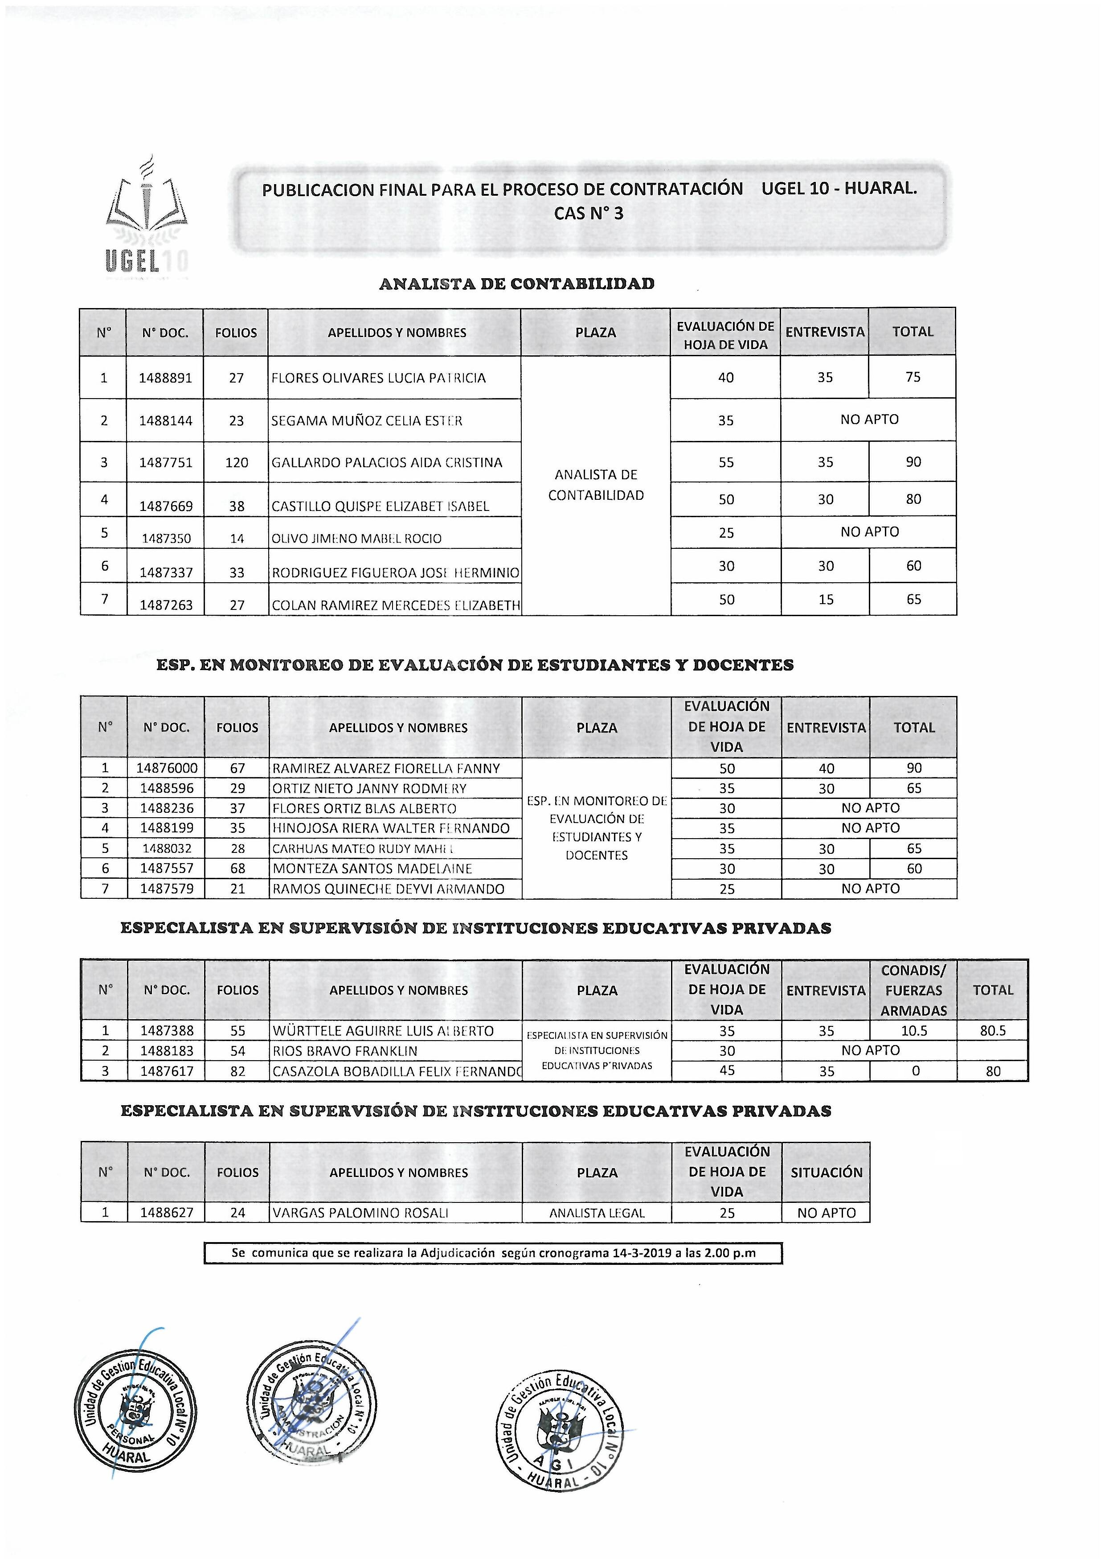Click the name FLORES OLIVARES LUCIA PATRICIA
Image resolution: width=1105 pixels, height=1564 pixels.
[379, 378]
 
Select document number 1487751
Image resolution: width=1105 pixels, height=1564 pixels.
[165, 462]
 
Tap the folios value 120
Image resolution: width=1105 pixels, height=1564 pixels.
[236, 462]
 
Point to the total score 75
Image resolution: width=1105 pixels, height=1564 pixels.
[913, 377]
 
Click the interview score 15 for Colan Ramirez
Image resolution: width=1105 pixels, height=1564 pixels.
[826, 600]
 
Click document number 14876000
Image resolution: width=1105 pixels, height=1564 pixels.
[167, 768]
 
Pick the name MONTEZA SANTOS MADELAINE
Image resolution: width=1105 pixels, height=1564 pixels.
[372, 868]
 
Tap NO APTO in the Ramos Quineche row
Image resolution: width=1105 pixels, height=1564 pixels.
[870, 888]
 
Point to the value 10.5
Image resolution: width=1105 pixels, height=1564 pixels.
[914, 1031]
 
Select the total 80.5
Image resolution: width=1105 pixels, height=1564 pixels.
[993, 1031]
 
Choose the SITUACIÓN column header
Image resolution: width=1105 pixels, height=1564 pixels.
[826, 1172]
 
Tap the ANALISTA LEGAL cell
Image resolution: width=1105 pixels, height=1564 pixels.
[597, 1213]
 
